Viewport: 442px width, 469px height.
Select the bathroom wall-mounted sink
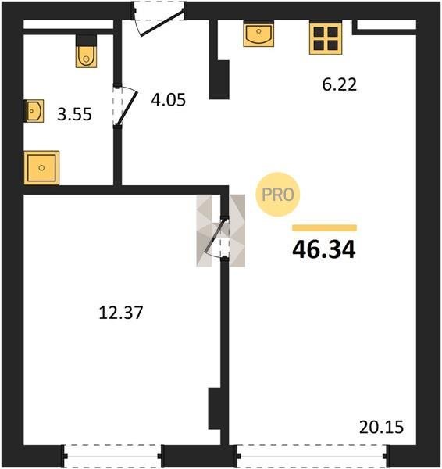pyautogui.click(x=34, y=111)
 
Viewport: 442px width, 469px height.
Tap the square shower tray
pyautogui.click(x=41, y=168)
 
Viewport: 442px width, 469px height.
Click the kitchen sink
pyautogui.click(x=258, y=34)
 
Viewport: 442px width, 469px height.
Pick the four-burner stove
pyautogui.click(x=326, y=38)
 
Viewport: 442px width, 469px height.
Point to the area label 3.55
pyautogui.click(x=74, y=115)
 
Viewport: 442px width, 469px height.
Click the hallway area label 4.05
pyautogui.click(x=168, y=100)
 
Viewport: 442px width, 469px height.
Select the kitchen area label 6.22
pyautogui.click(x=340, y=84)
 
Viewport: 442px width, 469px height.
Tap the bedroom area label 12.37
pyautogui.click(x=121, y=313)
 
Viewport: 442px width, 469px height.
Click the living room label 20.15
pyautogui.click(x=381, y=427)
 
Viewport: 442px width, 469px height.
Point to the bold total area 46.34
pyautogui.click(x=324, y=250)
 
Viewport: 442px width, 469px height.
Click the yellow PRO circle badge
pyautogui.click(x=278, y=195)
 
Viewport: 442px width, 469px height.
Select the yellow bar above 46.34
pyautogui.click(x=325, y=228)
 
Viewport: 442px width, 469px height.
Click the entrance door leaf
pyautogui.click(x=162, y=23)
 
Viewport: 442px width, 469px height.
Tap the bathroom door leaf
pyautogui.click(x=127, y=108)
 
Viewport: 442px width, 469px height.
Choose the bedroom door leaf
pyautogui.click(x=214, y=236)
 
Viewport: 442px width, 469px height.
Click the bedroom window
pyautogui.click(x=112, y=456)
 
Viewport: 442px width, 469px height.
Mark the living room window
pyautogui.click(x=313, y=456)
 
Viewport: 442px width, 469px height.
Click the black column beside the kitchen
pyautogui.click(x=219, y=80)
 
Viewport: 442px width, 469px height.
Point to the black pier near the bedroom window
pyautogui.click(x=214, y=409)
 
